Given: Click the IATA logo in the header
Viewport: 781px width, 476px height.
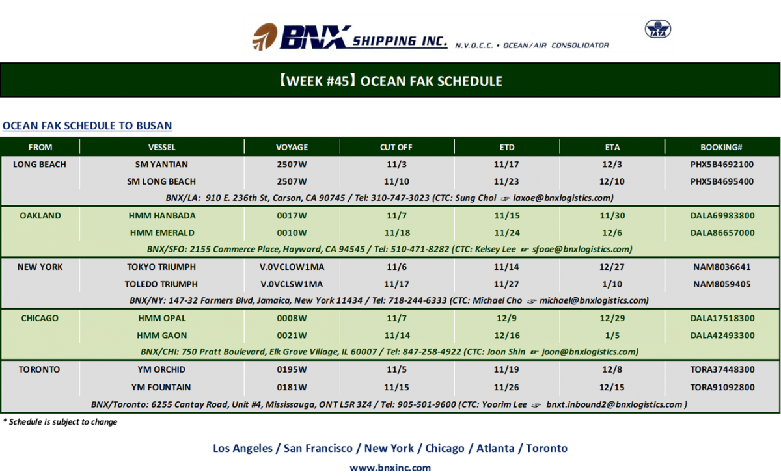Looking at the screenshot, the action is click(x=657, y=29).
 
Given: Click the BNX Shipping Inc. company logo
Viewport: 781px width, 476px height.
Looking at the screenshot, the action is click(x=349, y=37).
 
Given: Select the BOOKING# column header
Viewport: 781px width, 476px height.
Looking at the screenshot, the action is click(x=721, y=147).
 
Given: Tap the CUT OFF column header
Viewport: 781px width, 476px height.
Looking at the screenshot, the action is click(x=396, y=147).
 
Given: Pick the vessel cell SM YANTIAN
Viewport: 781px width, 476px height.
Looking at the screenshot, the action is click(x=161, y=164).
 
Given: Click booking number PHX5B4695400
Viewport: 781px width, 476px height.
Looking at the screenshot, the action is click(x=722, y=181).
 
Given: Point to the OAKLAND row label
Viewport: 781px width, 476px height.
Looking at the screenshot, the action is click(x=40, y=215).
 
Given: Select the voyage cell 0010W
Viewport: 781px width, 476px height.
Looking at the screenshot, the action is click(x=292, y=233).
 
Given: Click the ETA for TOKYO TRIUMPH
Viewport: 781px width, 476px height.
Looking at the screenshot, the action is click(x=612, y=267).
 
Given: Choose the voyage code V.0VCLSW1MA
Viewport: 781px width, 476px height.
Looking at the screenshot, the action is click(x=292, y=284).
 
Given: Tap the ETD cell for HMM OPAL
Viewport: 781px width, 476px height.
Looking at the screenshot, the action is click(x=506, y=318).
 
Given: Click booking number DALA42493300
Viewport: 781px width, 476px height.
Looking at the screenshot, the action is click(x=722, y=336).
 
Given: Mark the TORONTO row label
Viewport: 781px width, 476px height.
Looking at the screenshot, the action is click(x=40, y=369).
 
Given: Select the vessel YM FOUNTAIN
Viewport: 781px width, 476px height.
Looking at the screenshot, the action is click(x=161, y=387).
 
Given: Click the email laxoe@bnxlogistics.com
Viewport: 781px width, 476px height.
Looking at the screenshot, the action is click(x=562, y=198).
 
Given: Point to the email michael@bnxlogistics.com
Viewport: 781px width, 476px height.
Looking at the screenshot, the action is click(x=594, y=300).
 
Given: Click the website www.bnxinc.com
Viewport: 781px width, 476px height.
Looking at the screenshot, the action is click(x=390, y=468).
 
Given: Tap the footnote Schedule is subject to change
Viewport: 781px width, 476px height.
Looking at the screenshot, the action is click(x=60, y=422).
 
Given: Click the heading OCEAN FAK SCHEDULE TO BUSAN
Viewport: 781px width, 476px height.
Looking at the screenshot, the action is click(x=87, y=126).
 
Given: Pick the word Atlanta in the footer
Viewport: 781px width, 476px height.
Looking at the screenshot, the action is click(x=495, y=448).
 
